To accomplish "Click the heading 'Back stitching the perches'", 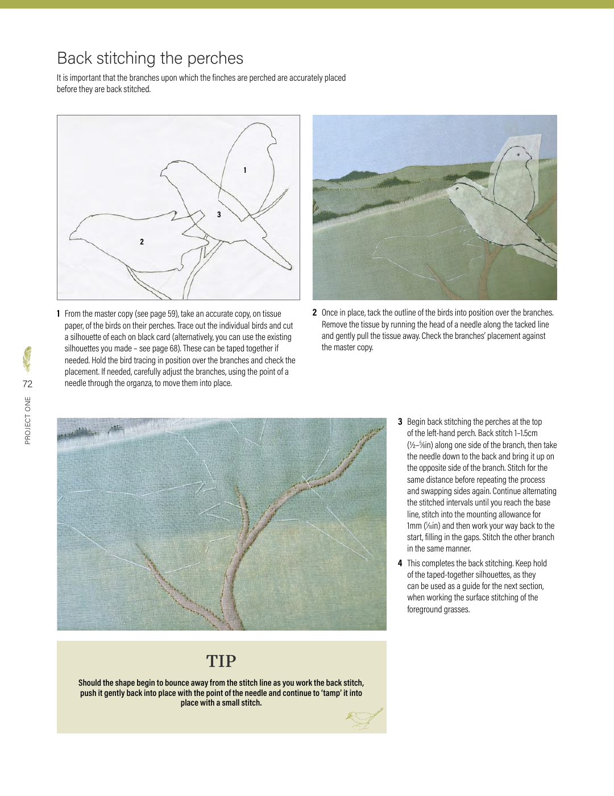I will (150, 58).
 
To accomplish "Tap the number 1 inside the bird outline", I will (245, 170).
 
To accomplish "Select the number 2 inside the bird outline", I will (142, 242).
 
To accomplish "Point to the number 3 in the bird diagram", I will (219, 214).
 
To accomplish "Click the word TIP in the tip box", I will (221, 661).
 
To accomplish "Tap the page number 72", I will (27, 384).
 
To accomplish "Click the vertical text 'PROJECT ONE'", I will (28, 421).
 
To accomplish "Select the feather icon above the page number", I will (27, 359).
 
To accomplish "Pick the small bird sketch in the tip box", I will (363, 718).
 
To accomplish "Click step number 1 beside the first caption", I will (59, 314).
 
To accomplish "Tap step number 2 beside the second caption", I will (314, 313).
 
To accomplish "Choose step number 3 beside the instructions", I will (400, 422).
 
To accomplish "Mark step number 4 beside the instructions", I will (400, 563).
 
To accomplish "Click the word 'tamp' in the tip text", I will (331, 693).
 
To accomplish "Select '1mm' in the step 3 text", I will (414, 526).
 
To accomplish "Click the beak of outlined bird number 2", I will (70, 239).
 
